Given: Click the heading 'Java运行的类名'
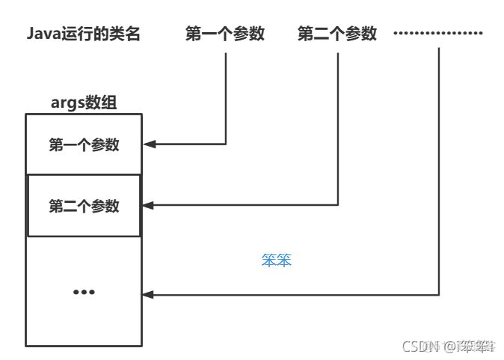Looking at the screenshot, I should tap(83, 34).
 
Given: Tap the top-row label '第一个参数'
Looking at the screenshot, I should tap(225, 34).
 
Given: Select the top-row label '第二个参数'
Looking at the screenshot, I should tap(337, 34).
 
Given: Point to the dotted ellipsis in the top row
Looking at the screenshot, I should tap(438, 34).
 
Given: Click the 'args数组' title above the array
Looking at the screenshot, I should tap(84, 103).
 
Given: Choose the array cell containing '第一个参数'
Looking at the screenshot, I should tap(84, 144).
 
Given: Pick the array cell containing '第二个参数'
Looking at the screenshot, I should tap(84, 206).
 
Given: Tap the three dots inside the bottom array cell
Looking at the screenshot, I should tap(84, 292).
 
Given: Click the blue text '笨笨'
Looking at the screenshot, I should tap(276, 261).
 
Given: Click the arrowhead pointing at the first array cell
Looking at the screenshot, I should tap(148, 144).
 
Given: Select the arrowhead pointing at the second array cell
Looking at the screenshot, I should tap(148, 205).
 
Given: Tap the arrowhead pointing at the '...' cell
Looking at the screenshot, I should tap(148, 295).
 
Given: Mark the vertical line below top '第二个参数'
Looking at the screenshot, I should tap(338, 123).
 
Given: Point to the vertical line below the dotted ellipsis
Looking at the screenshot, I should tap(439, 172).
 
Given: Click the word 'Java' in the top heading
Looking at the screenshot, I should tap(43, 34).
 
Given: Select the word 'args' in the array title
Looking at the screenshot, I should tap(66, 103).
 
